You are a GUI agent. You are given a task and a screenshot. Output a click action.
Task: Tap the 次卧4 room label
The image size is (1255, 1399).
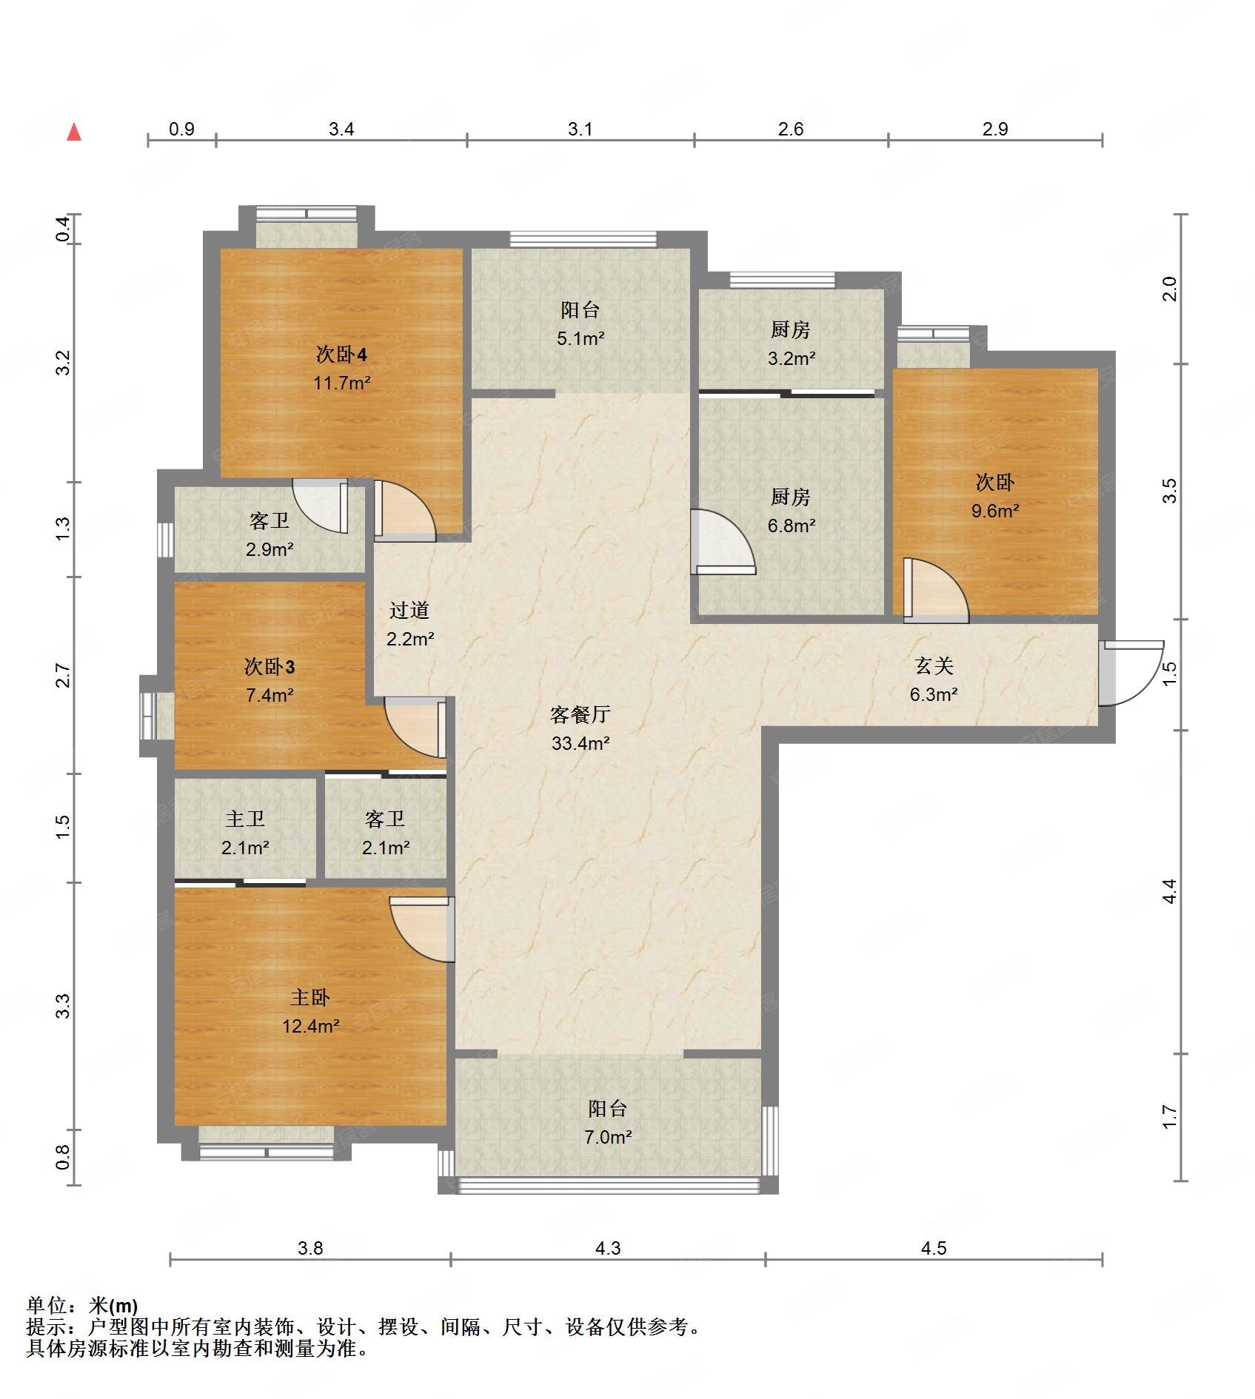pyautogui.click(x=341, y=355)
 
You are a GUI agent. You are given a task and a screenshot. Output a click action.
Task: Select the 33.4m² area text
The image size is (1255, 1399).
pyautogui.click(x=580, y=742)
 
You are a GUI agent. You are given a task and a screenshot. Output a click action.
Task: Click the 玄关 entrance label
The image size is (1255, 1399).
pyautogui.click(x=934, y=665)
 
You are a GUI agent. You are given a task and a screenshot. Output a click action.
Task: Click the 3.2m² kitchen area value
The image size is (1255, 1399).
pyautogui.click(x=792, y=358)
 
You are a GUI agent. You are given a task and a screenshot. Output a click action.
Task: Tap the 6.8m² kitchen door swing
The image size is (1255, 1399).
pyautogui.click(x=722, y=541)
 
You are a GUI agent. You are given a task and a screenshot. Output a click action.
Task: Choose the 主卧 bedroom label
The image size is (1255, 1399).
pyautogui.click(x=310, y=997)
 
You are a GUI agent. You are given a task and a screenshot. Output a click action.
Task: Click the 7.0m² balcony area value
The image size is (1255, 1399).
pyautogui.click(x=608, y=1136)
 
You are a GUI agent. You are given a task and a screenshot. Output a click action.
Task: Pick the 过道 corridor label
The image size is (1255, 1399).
pyautogui.click(x=409, y=610)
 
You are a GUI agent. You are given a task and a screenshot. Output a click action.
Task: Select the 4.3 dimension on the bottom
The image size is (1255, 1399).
pyautogui.click(x=608, y=1248)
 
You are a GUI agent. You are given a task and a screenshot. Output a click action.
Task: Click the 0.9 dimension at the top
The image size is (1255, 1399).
pyautogui.click(x=181, y=129)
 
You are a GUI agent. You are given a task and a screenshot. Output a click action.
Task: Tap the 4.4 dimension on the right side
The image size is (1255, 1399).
pyautogui.click(x=1169, y=890)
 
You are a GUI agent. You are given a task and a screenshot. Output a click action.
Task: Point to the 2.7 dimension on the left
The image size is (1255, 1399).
pyautogui.click(x=63, y=675)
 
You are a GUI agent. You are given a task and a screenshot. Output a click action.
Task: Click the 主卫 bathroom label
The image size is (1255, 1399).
pyautogui.click(x=245, y=819)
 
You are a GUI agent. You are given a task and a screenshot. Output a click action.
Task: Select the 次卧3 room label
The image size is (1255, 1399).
pyautogui.click(x=270, y=667)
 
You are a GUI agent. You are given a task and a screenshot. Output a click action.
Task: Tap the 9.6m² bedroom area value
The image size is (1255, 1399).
pyautogui.click(x=995, y=510)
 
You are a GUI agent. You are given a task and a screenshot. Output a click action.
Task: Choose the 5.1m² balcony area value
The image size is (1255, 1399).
pyautogui.click(x=580, y=338)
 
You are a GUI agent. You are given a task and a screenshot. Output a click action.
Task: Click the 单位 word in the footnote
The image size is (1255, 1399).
pyautogui.click(x=46, y=1305)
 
